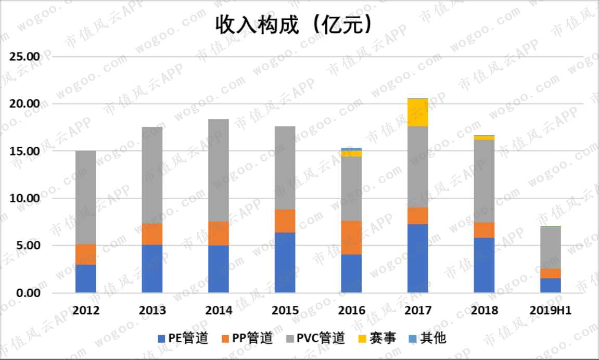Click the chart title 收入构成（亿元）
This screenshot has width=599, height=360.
point(293,25)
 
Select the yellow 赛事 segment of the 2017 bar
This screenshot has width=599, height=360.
point(417,112)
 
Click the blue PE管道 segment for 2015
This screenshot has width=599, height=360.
point(285,263)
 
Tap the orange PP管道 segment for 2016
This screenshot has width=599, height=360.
point(351,237)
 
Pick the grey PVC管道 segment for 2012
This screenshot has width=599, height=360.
point(85,197)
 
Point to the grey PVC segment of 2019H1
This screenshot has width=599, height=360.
point(551,248)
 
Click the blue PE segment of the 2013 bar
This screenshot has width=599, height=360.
point(152,269)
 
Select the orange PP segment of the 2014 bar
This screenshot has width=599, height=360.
point(219,234)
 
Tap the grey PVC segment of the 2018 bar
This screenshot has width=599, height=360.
point(484,181)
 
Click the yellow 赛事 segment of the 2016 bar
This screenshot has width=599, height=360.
point(351,153)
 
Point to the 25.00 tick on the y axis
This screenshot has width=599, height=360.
point(25,57)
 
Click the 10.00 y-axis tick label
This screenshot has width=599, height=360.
point(25,198)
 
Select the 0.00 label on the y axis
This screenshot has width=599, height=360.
point(28,293)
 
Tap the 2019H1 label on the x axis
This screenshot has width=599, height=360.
point(551,311)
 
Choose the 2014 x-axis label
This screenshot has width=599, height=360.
point(219,311)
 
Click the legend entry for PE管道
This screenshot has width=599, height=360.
point(183,338)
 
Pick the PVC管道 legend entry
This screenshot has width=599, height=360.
point(315,338)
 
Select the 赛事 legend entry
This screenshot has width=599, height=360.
point(377,338)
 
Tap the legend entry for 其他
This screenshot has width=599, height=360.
point(427,338)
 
